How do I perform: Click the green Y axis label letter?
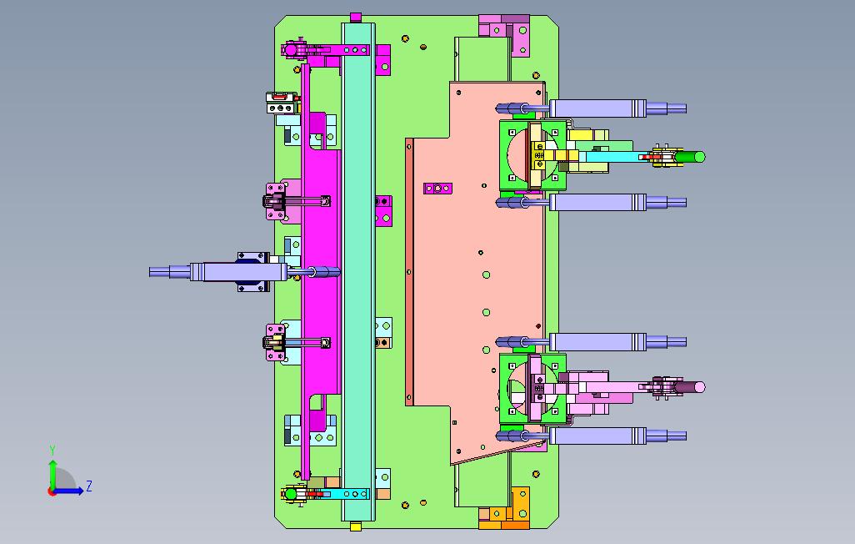click(52, 450)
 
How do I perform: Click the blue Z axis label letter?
click(89, 486)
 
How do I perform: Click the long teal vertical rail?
click(358, 271)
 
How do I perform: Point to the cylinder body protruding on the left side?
click(238, 271)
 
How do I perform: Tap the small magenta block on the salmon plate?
click(437, 189)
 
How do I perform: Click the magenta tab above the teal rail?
click(356, 18)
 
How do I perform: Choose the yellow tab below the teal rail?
click(356, 526)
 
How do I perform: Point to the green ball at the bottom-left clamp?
click(291, 494)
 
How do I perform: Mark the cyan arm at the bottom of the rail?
click(349, 494)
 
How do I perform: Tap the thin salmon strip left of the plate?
click(409, 271)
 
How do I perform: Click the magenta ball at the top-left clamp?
click(291, 50)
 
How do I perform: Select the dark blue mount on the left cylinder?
click(253, 271)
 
